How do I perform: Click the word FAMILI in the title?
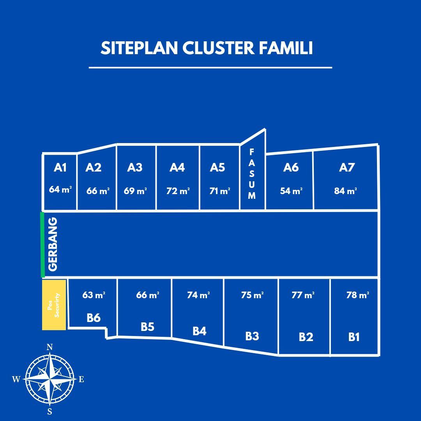(286, 48)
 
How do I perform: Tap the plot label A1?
(60, 168)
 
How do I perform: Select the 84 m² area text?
(345, 191)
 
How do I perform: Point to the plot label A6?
(291, 168)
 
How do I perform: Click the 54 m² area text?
(291, 191)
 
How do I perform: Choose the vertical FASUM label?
(251, 174)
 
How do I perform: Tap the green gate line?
(42, 244)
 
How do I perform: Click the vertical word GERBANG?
(53, 244)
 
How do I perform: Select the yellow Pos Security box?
(54, 305)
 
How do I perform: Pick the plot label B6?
(94, 318)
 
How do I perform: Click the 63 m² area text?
(94, 295)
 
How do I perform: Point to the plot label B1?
(354, 337)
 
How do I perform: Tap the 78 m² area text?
(357, 295)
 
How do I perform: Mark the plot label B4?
(199, 331)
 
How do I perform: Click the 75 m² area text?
(252, 295)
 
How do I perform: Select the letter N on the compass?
(50, 347)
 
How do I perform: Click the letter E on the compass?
(81, 379)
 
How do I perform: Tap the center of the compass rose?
(50, 379)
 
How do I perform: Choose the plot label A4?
(177, 168)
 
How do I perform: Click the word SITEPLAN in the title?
(139, 48)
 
